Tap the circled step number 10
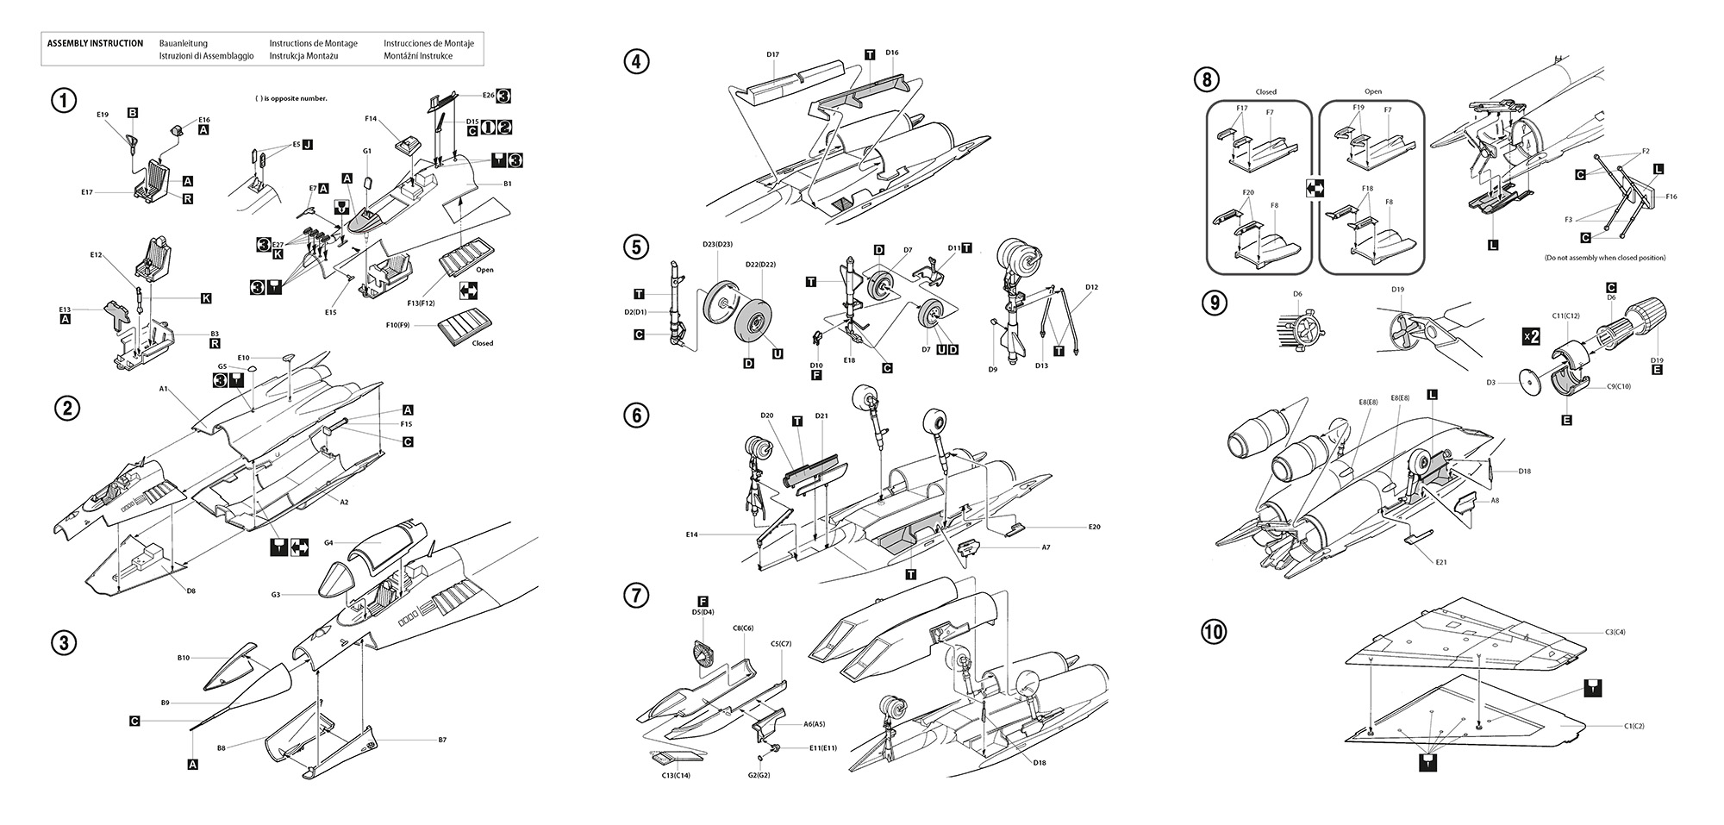[x=1213, y=632]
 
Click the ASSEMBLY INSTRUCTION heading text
[x=95, y=43]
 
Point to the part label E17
[x=87, y=192]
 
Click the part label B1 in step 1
[x=508, y=184]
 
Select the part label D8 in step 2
[x=191, y=591]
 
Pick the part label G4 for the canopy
[x=328, y=543]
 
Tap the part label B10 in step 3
[x=184, y=658]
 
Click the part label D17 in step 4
[x=772, y=55]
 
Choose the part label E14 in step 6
[x=691, y=534]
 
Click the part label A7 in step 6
[x=1046, y=547]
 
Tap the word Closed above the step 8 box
[x=1265, y=92]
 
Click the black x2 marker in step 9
[x=1531, y=336]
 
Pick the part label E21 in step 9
[x=1441, y=562]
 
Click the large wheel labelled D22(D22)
[x=753, y=326]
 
